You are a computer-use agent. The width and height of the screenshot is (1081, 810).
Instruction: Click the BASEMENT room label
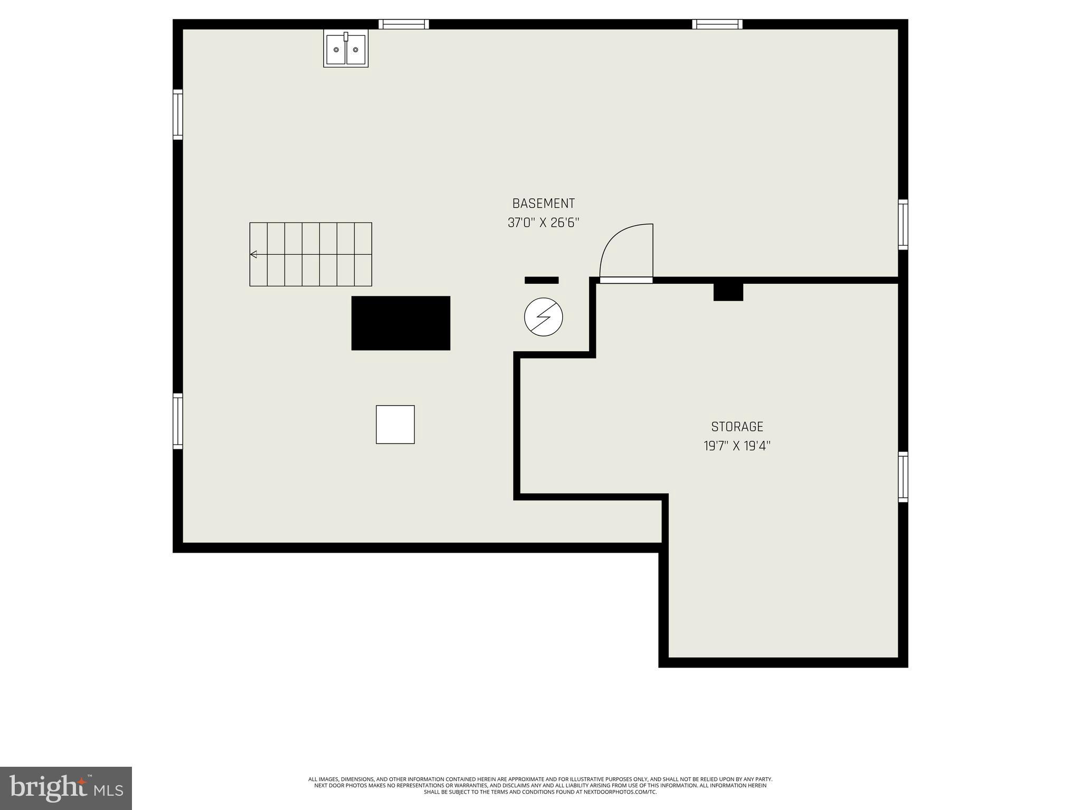click(x=543, y=203)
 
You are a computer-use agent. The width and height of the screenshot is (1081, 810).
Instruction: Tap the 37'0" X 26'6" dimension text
click(x=543, y=223)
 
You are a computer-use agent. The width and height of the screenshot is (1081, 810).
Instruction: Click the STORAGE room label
click(x=737, y=427)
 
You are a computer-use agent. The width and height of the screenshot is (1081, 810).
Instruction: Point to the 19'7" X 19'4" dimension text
click(x=737, y=446)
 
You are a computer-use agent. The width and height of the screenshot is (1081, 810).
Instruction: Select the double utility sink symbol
click(x=346, y=49)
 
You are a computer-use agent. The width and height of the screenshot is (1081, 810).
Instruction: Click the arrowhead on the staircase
click(x=253, y=255)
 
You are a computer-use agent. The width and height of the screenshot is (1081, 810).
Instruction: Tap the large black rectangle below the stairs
click(x=401, y=323)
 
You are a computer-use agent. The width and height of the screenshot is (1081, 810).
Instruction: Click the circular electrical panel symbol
click(x=543, y=317)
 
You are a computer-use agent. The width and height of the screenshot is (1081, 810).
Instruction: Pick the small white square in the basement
click(x=395, y=425)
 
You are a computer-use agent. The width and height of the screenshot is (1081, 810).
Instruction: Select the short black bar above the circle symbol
click(x=541, y=280)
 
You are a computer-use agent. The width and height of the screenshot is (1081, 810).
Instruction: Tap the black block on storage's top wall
click(x=728, y=292)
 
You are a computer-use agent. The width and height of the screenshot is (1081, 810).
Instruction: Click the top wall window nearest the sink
click(x=404, y=24)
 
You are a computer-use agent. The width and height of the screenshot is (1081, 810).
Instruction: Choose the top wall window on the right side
click(x=717, y=24)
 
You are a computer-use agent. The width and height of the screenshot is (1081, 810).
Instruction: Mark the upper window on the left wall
click(x=178, y=114)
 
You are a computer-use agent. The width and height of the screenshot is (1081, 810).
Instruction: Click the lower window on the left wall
click(x=178, y=421)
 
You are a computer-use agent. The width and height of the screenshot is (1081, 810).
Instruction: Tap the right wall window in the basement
click(x=903, y=225)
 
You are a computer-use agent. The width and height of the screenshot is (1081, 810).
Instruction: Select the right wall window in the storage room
click(x=903, y=477)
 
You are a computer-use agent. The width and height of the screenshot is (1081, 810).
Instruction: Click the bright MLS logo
click(x=66, y=788)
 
